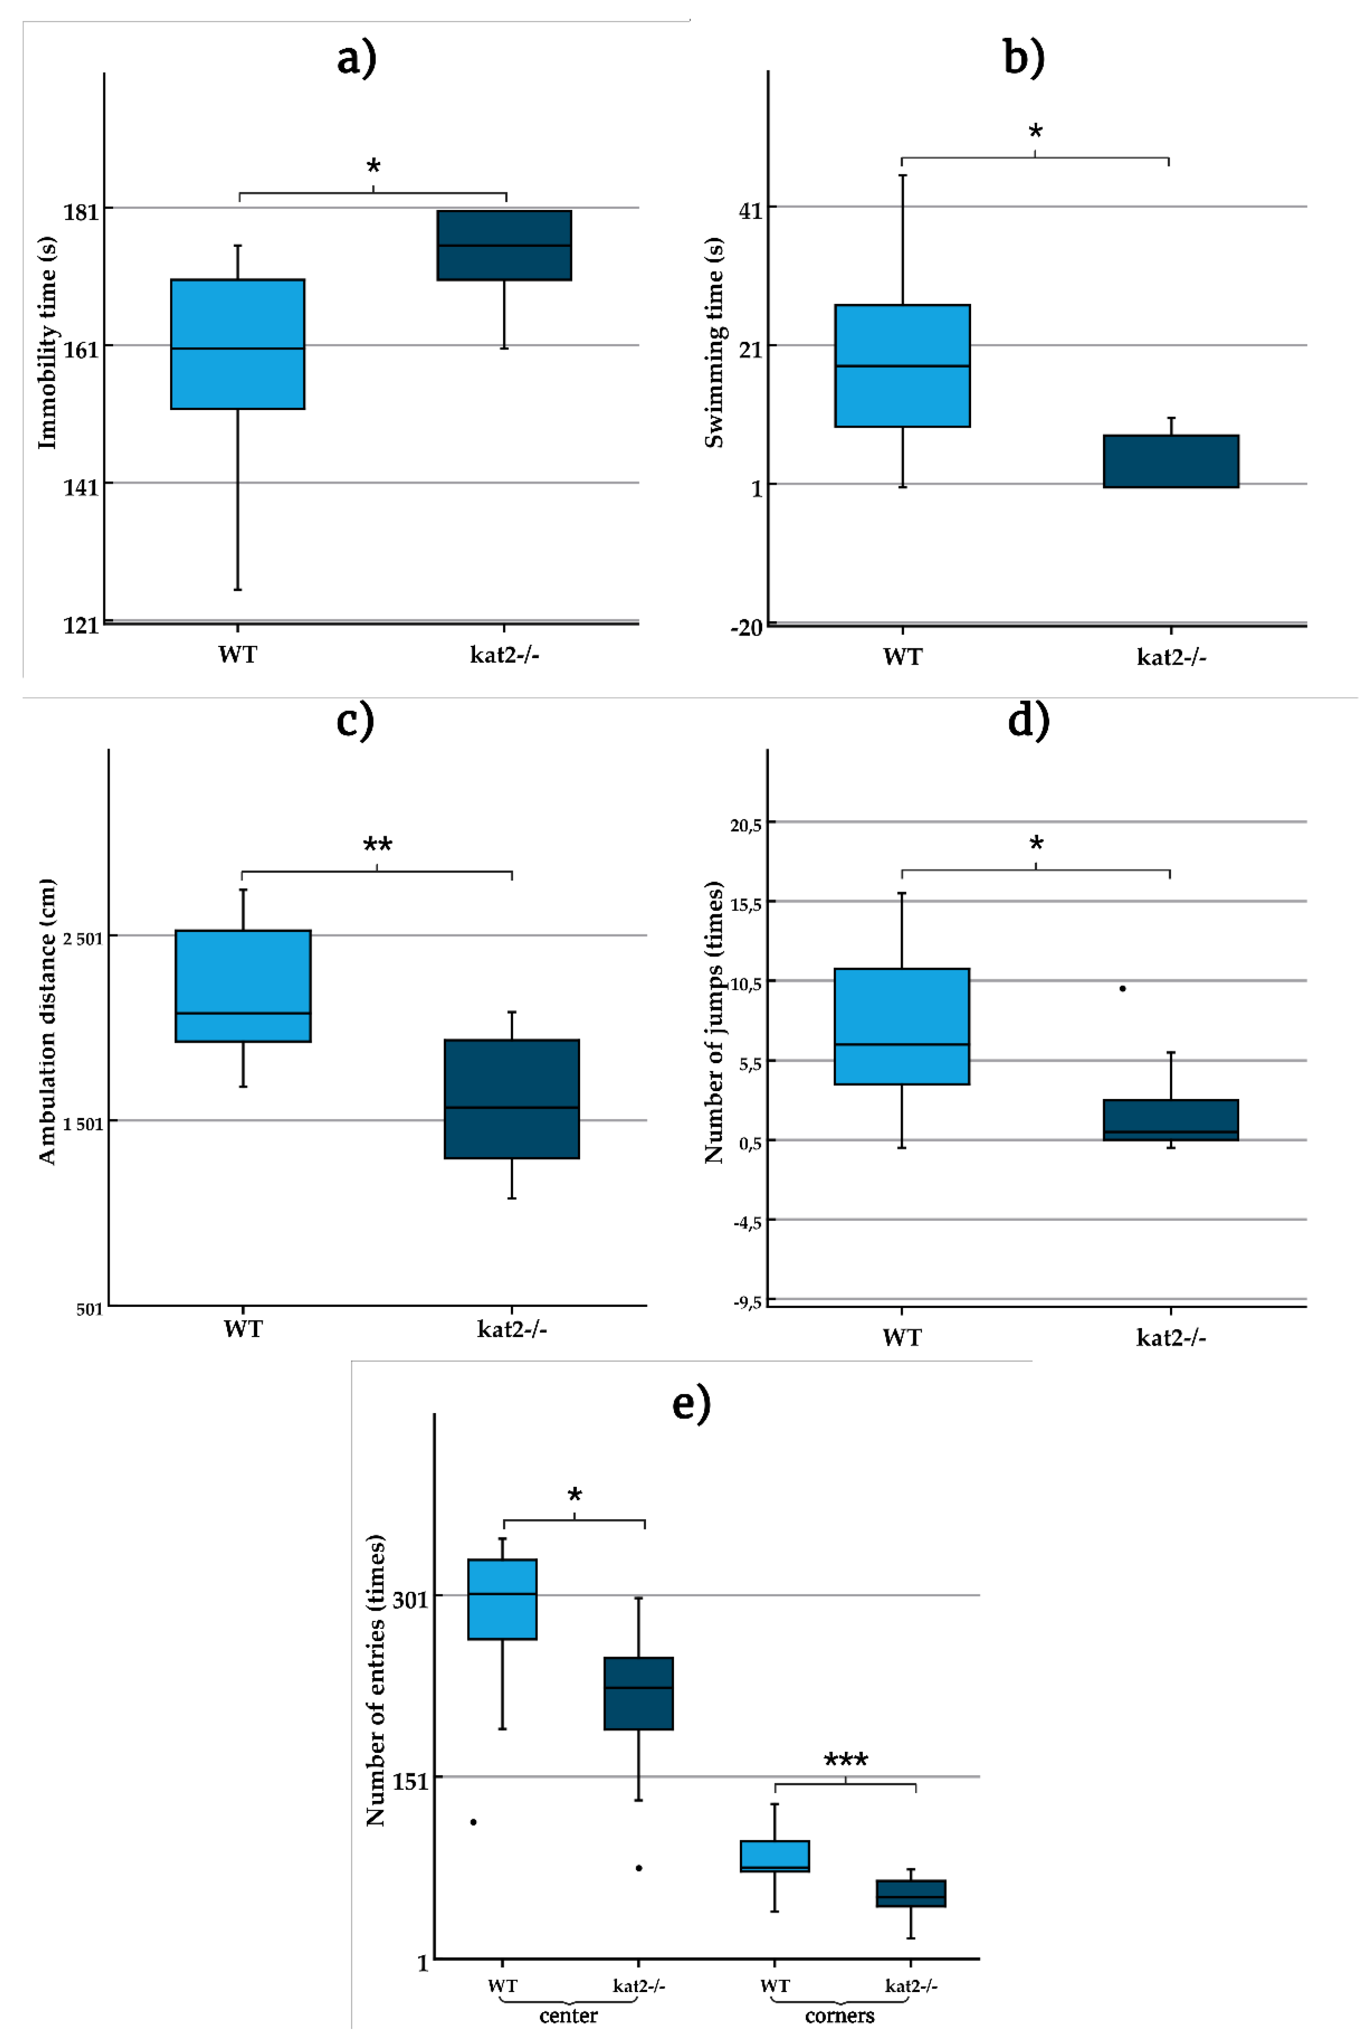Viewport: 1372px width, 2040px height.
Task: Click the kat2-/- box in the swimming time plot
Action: pos(1171,461)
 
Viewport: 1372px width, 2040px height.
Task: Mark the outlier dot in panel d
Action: pos(1123,989)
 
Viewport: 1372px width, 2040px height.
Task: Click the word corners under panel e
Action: pos(839,2015)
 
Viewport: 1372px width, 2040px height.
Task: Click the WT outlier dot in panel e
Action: pos(473,1822)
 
